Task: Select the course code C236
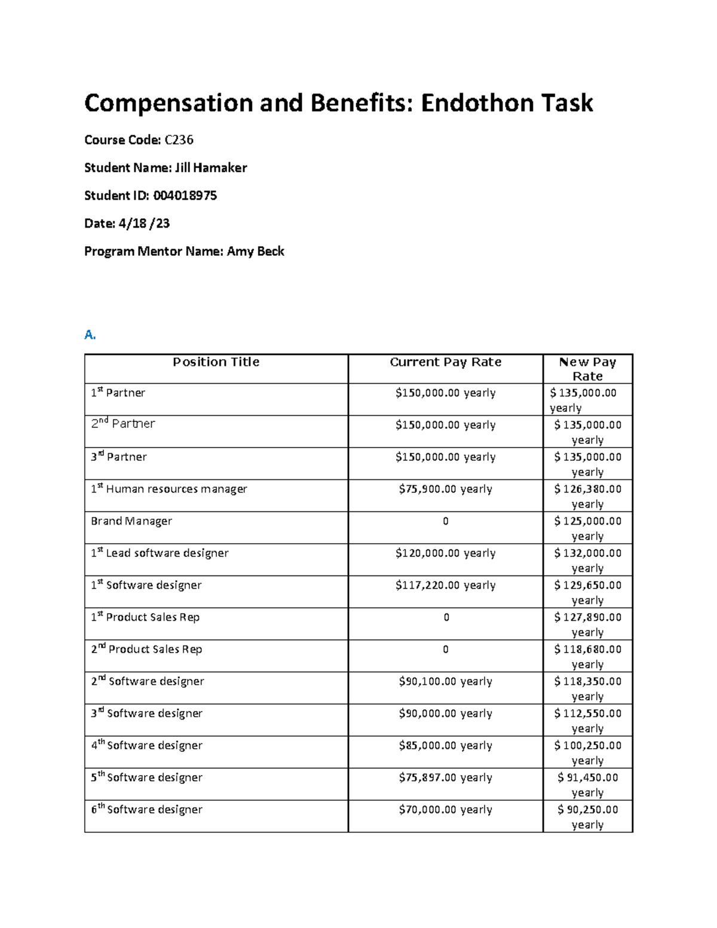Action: [179, 140]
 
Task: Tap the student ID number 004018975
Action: [185, 195]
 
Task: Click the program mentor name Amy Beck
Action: [255, 251]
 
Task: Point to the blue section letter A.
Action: [90, 335]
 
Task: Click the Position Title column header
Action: [216, 362]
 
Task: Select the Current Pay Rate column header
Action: [445, 362]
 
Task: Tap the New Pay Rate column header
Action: [587, 369]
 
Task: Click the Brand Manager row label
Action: [131, 521]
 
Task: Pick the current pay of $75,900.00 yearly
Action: [445, 489]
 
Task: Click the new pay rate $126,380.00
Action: [587, 489]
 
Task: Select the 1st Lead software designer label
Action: [160, 553]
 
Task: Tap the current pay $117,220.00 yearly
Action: [445, 585]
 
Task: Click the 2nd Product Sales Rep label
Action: [146, 650]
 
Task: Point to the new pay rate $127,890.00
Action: [587, 617]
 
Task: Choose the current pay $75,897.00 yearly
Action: [445, 777]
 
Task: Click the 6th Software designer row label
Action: [146, 810]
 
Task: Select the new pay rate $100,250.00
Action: [587, 745]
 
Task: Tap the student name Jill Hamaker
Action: [210, 168]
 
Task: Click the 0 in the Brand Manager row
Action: [445, 521]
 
